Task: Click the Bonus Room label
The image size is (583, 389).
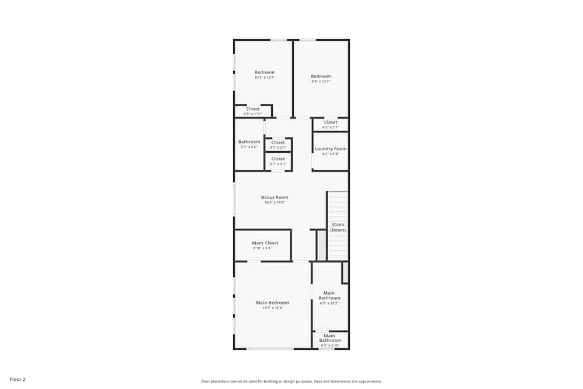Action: pos(275,197)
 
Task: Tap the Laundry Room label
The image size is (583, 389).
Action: pos(331,149)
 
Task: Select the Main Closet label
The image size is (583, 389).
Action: pos(265,243)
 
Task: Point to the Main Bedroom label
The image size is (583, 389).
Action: pos(272,303)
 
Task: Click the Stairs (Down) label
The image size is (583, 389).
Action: pos(338,227)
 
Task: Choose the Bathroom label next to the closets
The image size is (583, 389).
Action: pos(249,142)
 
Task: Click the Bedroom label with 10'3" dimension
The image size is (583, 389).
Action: pos(264,72)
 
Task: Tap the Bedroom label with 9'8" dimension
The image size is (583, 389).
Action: pos(321,76)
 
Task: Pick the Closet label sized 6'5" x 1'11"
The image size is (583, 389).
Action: pos(253,109)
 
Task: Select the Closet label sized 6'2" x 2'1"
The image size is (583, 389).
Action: pos(331,122)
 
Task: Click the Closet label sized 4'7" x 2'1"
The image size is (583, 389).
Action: pos(278,142)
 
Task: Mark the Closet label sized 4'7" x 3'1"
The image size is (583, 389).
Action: pos(278,159)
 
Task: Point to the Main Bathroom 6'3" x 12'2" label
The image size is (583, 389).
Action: pos(329,296)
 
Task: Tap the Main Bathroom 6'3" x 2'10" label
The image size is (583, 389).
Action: pos(329,338)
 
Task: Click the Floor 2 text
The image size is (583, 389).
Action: pos(17,379)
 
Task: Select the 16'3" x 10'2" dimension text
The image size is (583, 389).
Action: pos(275,202)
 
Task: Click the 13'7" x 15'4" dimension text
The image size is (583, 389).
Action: pos(272,308)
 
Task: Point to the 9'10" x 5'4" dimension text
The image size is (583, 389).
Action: pos(262,248)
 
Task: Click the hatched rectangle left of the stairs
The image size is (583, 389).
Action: pos(321,245)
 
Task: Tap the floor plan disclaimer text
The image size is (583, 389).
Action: pos(291,381)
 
